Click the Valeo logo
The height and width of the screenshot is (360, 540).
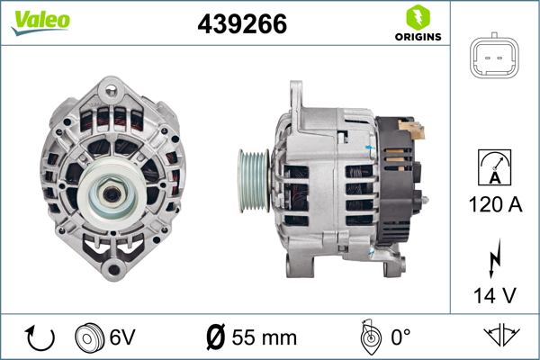tap(40, 22)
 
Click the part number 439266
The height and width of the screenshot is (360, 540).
tap(242, 23)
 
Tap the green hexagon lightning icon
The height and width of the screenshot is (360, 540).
tap(418, 17)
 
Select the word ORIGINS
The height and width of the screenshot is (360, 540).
tap(418, 37)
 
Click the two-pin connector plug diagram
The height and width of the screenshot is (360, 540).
tap(494, 56)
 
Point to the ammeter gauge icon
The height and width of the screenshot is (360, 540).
tap(494, 167)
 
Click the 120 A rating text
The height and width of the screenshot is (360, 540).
tap(495, 204)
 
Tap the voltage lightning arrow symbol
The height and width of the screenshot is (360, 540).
tap(494, 257)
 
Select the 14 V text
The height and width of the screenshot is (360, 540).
tap(495, 295)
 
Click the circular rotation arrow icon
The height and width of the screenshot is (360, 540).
tap(40, 338)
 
